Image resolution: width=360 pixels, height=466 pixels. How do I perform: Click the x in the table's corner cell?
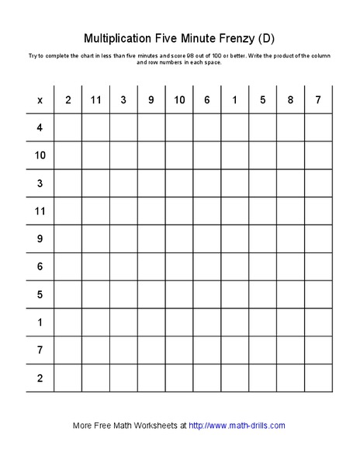[x=40, y=99]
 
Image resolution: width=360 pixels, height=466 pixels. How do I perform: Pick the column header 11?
[x=95, y=99]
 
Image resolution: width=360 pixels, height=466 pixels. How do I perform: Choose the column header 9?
[x=151, y=99]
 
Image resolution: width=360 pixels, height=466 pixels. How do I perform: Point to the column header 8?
[x=290, y=99]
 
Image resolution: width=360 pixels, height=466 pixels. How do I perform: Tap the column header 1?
[x=234, y=99]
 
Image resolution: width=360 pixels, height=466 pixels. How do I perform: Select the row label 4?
[x=40, y=127]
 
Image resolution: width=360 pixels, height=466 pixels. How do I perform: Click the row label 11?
[x=40, y=210]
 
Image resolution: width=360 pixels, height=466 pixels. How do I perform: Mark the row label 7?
[x=40, y=350]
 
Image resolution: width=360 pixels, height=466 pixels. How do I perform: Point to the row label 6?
[x=40, y=266]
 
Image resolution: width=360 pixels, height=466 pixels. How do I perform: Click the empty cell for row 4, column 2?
[x=67, y=127]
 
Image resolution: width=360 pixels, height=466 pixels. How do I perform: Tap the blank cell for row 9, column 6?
[x=207, y=238]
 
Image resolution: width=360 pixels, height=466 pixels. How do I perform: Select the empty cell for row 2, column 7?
[x=318, y=378]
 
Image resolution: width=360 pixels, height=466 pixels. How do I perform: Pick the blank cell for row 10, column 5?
[x=262, y=155]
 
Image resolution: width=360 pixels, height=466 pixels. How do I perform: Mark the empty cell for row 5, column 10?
[x=179, y=294]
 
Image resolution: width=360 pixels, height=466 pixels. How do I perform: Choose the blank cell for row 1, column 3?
[x=123, y=322]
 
